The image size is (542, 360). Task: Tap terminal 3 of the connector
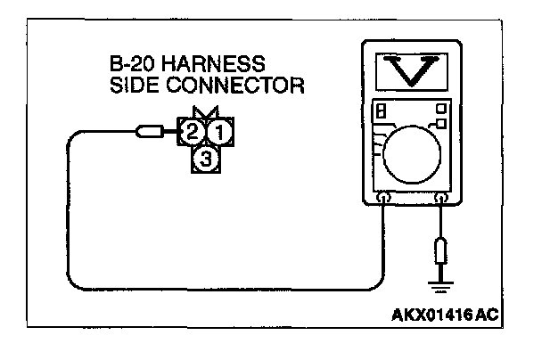coord(206,160)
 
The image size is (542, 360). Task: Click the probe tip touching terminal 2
coord(147,134)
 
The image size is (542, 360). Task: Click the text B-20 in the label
coord(127,66)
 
